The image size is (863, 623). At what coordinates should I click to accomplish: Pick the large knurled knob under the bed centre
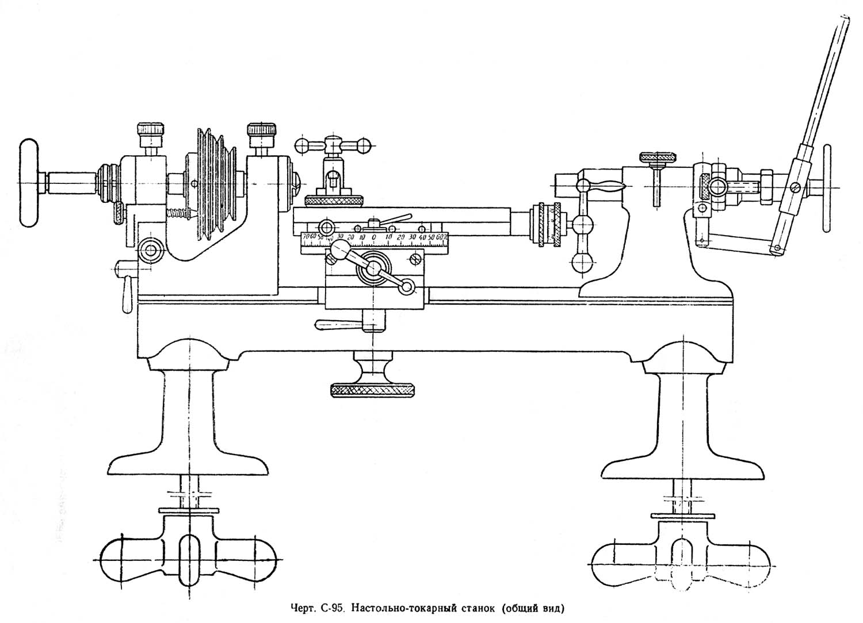tap(372, 390)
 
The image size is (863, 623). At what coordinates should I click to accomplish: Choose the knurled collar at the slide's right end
tap(549, 224)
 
